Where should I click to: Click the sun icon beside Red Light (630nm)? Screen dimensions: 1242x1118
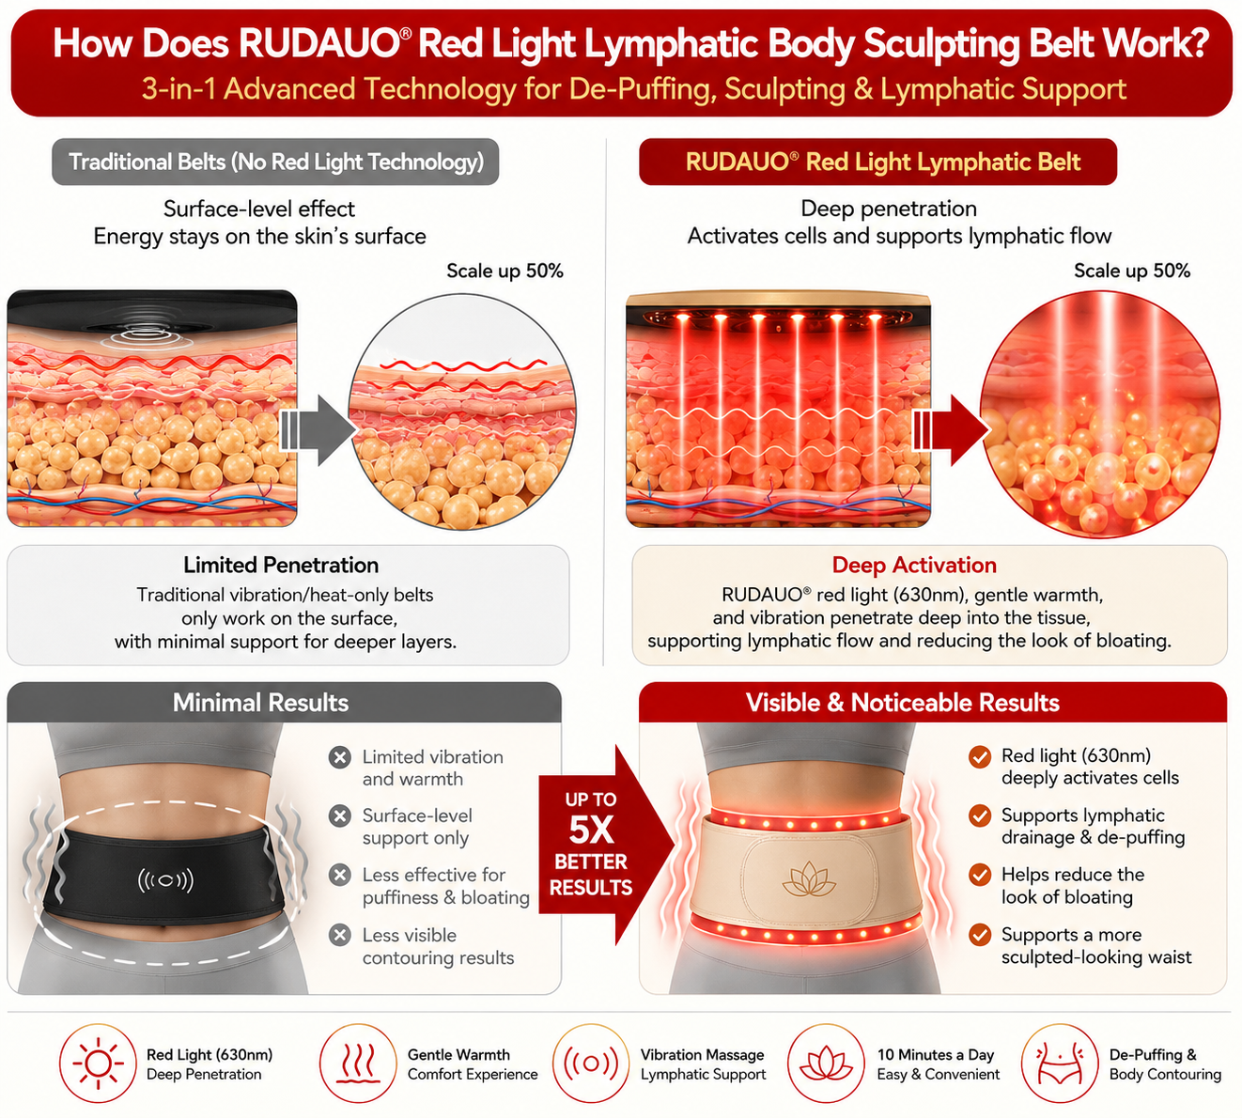pyautogui.click(x=98, y=1064)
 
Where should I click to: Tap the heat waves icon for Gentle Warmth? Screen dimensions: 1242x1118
pyautogui.click(x=357, y=1064)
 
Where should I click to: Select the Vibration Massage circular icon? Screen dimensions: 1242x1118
pyautogui.click(x=591, y=1064)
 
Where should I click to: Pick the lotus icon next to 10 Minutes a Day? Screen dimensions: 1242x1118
pyautogui.click(x=826, y=1064)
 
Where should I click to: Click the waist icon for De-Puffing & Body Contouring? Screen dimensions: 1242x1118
pyautogui.click(x=1060, y=1064)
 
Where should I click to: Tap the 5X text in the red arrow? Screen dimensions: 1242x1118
pyautogui.click(x=591, y=831)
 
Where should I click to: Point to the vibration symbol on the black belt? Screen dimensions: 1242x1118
pyautogui.click(x=165, y=880)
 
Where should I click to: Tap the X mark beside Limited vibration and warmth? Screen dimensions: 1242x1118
pyautogui.click(x=340, y=757)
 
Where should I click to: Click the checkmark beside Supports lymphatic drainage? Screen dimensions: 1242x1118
pyautogui.click(x=980, y=815)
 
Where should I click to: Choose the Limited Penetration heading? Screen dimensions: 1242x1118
pyautogui.click(x=281, y=565)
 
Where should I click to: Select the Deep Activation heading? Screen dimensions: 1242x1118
pyautogui.click(x=914, y=565)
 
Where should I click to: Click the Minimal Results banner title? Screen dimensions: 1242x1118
pyautogui.click(x=260, y=703)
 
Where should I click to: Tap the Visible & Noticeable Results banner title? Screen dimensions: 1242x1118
pyautogui.click(x=903, y=703)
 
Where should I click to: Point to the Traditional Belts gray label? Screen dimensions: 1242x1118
pyautogui.click(x=275, y=162)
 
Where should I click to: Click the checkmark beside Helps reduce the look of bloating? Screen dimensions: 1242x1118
pyautogui.click(x=980, y=876)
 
